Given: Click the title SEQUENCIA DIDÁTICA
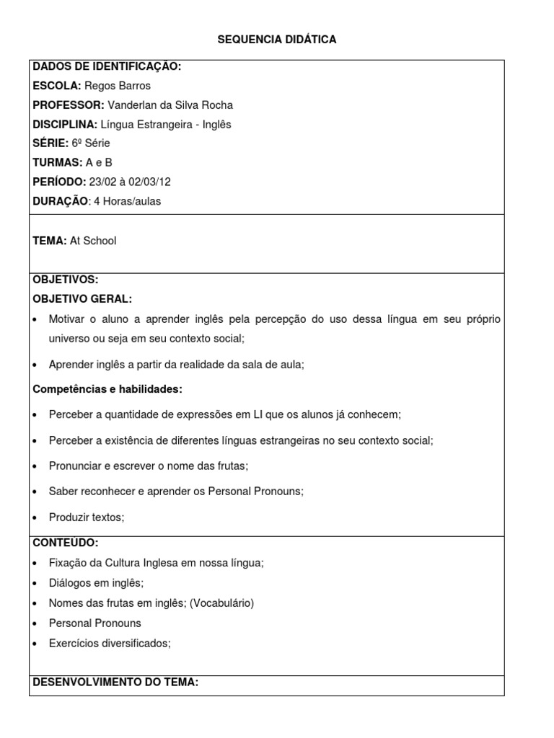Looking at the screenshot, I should coord(277,40).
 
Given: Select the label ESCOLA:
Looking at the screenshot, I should coord(57,86).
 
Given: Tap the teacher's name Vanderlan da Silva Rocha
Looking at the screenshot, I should coord(170,105).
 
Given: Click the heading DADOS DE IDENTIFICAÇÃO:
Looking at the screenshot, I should coord(107,67).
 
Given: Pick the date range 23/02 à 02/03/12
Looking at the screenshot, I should coord(125,182).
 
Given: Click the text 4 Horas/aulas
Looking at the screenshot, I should coord(128,202).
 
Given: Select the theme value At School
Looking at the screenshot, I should coord(93,241).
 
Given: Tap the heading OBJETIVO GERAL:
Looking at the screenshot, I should coord(83,299).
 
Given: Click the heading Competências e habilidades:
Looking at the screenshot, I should coord(108,389).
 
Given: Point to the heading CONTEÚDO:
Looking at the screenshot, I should coord(66,543).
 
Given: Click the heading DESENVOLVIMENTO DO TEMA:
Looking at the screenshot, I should coord(115,682).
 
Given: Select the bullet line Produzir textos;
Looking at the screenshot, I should coord(87,517).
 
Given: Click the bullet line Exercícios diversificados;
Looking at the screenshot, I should coord(110,643).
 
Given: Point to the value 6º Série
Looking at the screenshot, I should coord(91,143).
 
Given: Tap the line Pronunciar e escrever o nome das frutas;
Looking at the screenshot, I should coord(149,466).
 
